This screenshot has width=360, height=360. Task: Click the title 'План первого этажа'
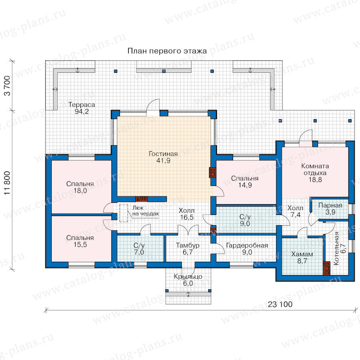(167, 51)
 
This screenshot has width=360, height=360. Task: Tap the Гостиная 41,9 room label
(163, 157)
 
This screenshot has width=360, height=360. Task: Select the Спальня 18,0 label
(80, 187)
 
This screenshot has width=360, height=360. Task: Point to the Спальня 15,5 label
(80, 241)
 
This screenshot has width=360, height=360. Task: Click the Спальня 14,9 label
(245, 182)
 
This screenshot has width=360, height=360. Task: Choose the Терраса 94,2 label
(82, 108)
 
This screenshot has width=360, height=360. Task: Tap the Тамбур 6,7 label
(188, 249)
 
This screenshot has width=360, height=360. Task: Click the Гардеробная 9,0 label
(247, 249)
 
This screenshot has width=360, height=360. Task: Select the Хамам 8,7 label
(302, 257)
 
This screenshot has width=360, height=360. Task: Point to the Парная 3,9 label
(330, 209)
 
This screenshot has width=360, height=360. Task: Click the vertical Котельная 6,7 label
(339, 248)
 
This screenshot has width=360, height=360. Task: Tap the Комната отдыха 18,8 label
(315, 173)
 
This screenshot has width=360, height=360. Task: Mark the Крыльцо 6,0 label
(188, 280)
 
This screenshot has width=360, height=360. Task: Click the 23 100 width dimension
(280, 304)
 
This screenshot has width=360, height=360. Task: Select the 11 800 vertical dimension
(7, 183)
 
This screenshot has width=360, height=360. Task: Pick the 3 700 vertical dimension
(7, 86)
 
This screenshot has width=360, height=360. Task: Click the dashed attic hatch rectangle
(124, 213)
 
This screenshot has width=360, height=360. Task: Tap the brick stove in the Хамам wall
(326, 268)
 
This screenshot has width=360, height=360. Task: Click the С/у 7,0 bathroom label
(139, 249)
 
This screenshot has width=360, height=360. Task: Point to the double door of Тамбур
(188, 230)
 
